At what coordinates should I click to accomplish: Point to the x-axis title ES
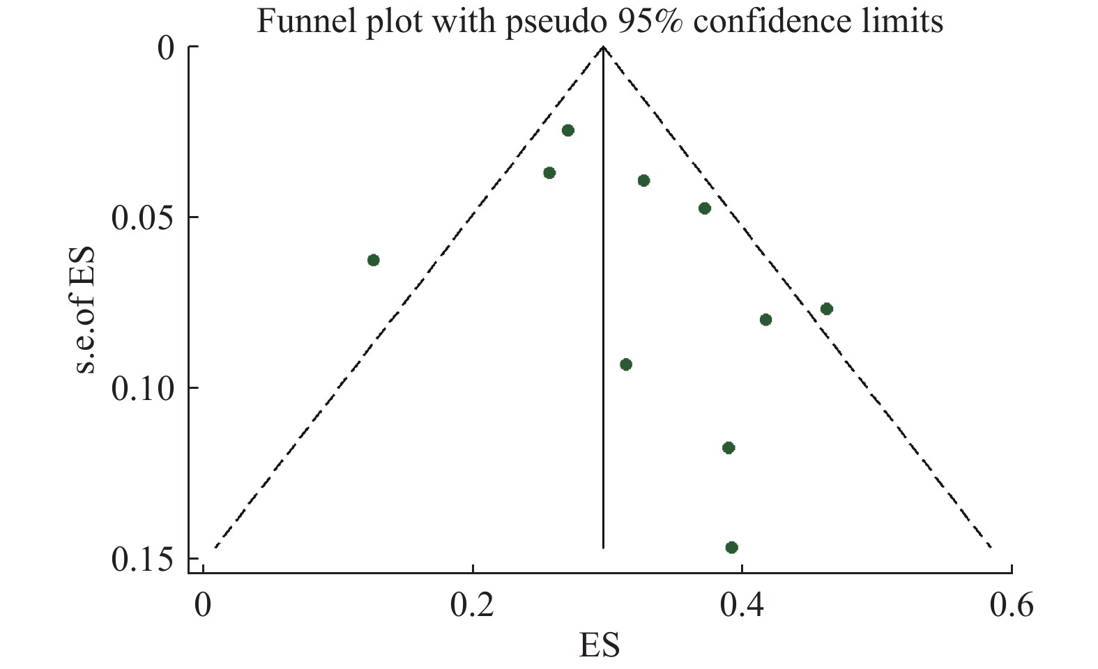pyautogui.click(x=599, y=645)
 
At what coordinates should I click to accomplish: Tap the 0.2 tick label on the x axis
pyautogui.click(x=473, y=605)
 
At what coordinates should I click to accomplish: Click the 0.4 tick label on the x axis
pyautogui.click(x=742, y=605)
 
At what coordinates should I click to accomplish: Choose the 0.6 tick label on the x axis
pyautogui.click(x=1011, y=605)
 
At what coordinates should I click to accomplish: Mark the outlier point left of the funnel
pyautogui.click(x=374, y=260)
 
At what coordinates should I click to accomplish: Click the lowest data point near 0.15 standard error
pyautogui.click(x=731, y=547)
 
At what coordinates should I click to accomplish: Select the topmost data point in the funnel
pyautogui.click(x=567, y=130)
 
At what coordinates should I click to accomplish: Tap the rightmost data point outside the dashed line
pyautogui.click(x=827, y=309)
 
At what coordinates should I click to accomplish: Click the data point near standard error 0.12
pyautogui.click(x=729, y=447)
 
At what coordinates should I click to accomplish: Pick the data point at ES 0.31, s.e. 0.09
pyautogui.click(x=626, y=364)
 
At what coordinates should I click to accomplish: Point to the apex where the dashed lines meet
pyautogui.click(x=603, y=47)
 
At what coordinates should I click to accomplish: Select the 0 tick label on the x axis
pyautogui.click(x=203, y=605)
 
